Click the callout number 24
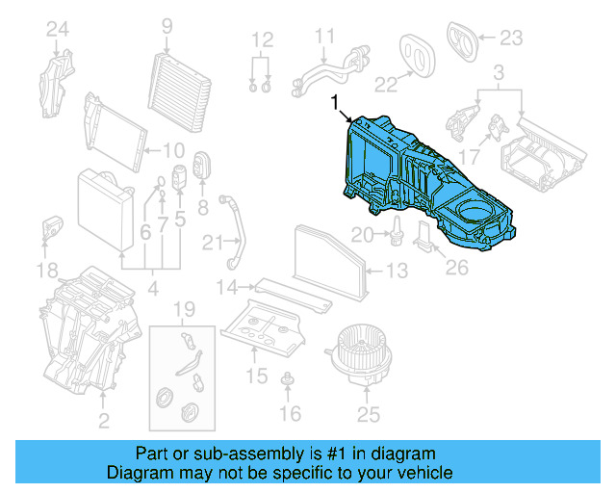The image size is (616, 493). (x=59, y=30)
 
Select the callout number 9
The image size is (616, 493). (x=167, y=25)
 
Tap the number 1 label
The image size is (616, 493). (x=335, y=101)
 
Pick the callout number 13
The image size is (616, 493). (x=398, y=272)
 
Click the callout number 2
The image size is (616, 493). (x=103, y=420)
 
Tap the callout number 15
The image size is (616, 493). (x=256, y=374)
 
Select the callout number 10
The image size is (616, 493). (x=172, y=150)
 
